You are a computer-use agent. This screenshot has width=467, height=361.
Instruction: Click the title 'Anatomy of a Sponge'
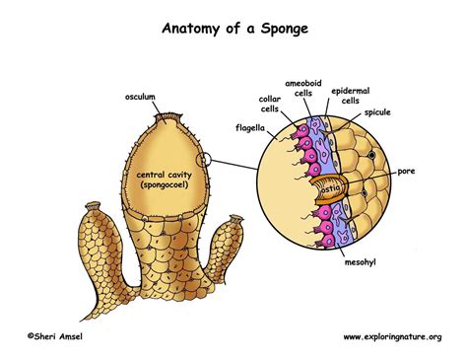click(233, 29)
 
